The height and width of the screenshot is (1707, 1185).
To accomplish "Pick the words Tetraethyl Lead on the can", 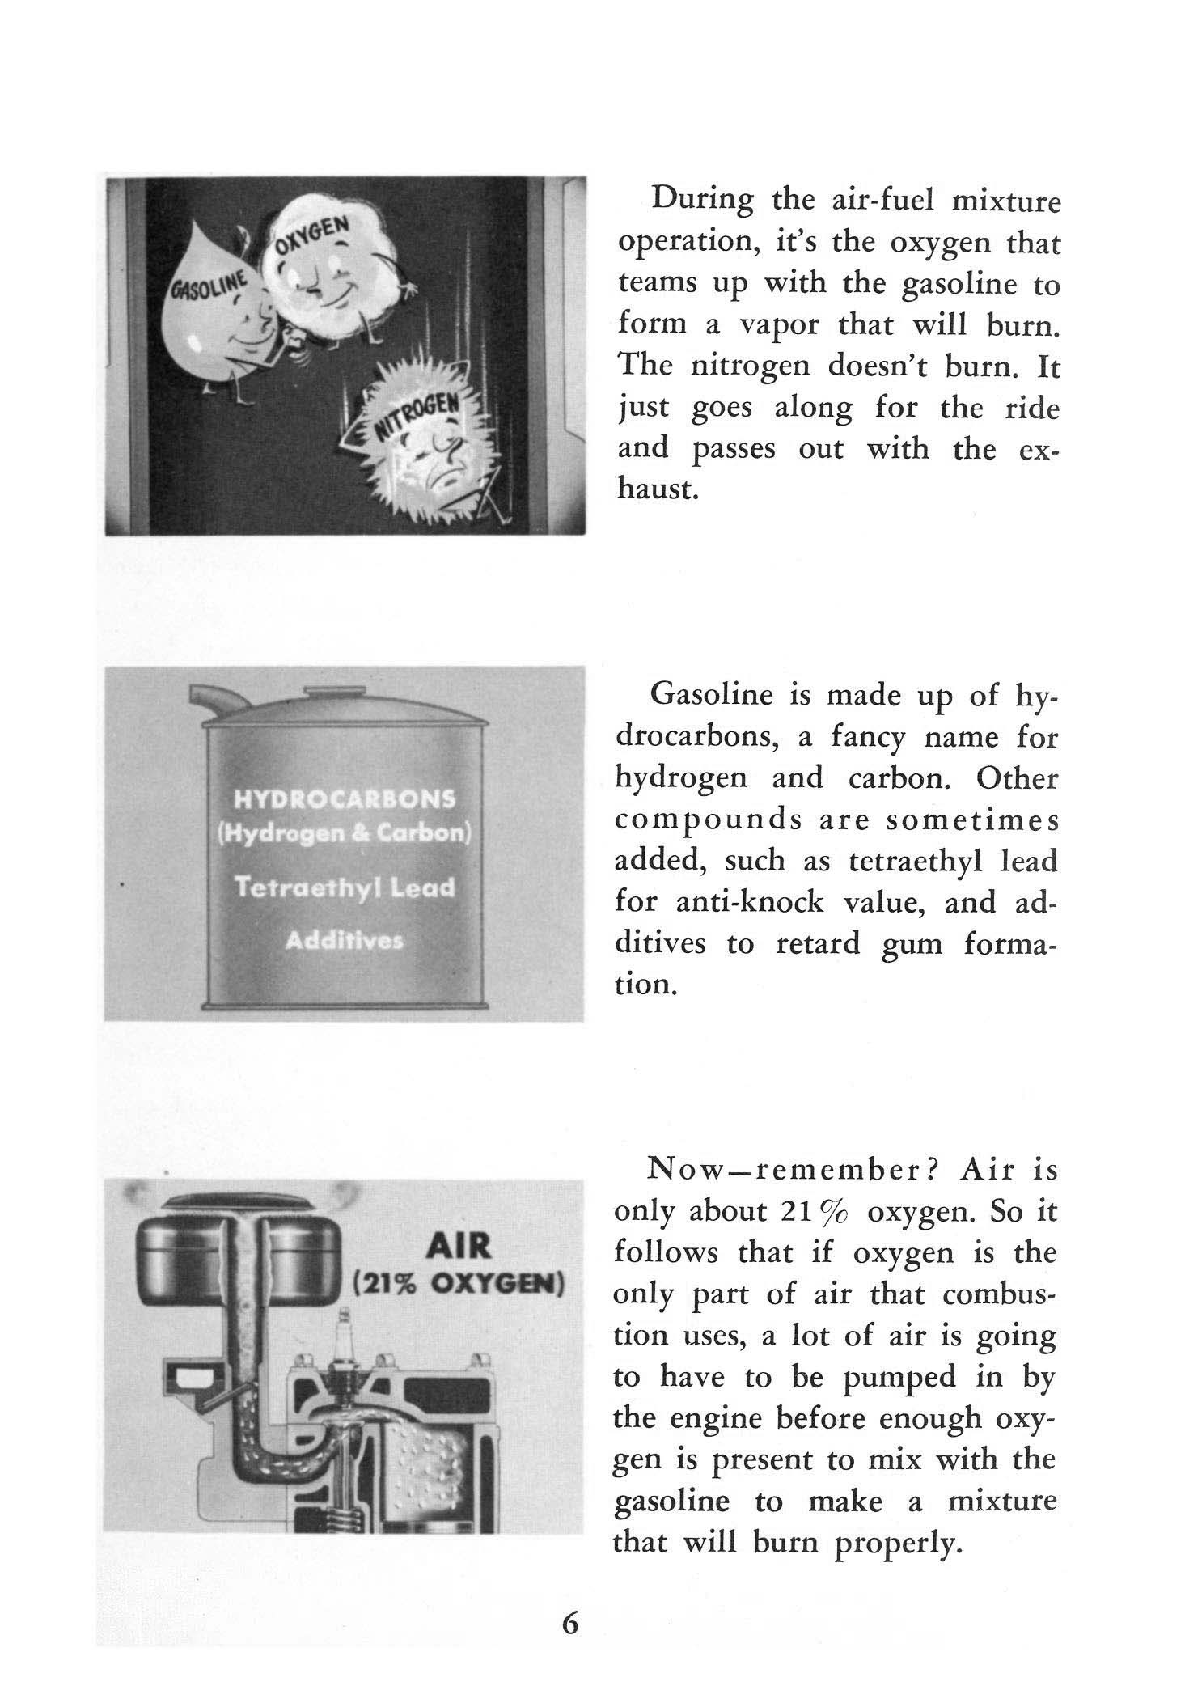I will point(345,888).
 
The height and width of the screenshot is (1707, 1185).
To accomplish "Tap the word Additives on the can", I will point(345,942).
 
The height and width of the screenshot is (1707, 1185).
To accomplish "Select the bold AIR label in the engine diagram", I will point(458,1246).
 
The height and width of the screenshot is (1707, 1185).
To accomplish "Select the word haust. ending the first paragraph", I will point(657,489).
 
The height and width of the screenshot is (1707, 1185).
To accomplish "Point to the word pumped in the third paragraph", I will point(899,1377).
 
